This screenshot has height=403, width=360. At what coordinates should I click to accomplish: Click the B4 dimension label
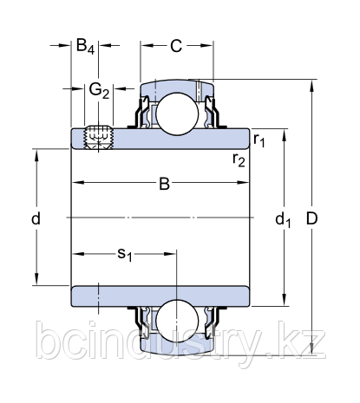pos(85,46)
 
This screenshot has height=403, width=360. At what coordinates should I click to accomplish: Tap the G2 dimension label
pos(99,89)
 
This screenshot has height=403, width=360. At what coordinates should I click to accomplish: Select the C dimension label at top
pos(176,46)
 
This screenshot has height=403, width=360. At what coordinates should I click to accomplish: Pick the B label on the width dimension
pos(163,183)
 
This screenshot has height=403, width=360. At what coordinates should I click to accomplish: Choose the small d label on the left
pos(36,219)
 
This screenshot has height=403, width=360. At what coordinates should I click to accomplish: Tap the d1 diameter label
pos(284,220)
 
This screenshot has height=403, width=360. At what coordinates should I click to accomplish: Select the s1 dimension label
pos(125,255)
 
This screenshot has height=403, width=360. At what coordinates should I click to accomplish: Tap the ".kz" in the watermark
pos(304,344)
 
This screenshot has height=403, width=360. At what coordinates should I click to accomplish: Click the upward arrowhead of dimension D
pos(311,85)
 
